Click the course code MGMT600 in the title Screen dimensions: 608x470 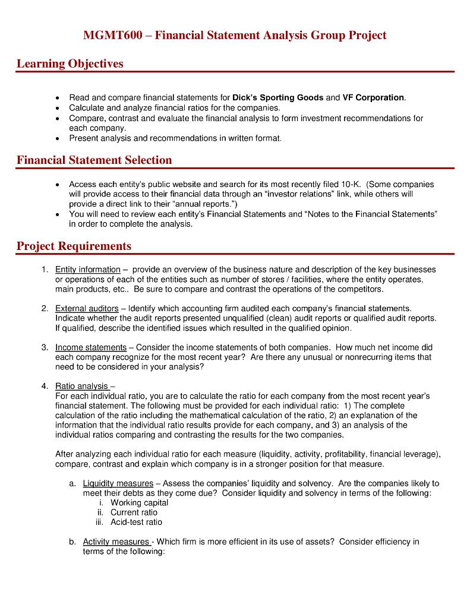(113, 36)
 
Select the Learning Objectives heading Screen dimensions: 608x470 (70, 64)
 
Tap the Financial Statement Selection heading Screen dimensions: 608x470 (94, 160)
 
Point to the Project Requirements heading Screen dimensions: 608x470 (74, 246)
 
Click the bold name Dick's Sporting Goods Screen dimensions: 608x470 (278, 98)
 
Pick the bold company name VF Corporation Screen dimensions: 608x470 (374, 98)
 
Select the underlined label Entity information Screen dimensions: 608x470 (88, 270)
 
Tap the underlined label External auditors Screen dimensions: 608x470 (87, 309)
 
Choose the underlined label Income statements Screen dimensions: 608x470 (91, 347)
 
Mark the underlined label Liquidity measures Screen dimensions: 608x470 (118, 483)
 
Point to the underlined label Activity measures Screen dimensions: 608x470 (116, 541)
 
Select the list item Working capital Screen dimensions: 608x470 (139, 503)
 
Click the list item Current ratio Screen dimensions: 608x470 (134, 512)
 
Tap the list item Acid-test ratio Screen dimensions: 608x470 (136, 522)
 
